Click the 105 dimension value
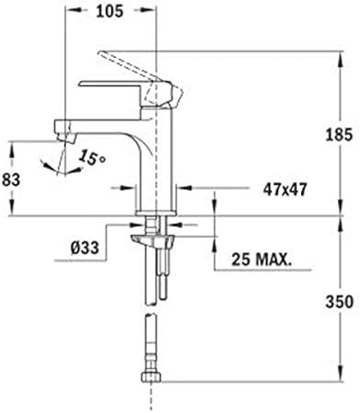(x=109, y=11)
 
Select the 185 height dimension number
(x=339, y=135)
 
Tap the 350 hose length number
(x=340, y=302)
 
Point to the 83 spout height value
(x=11, y=179)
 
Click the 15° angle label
(x=92, y=158)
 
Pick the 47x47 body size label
(x=285, y=190)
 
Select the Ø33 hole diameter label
(x=84, y=248)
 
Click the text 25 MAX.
(x=261, y=260)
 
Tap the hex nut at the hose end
(x=151, y=376)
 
